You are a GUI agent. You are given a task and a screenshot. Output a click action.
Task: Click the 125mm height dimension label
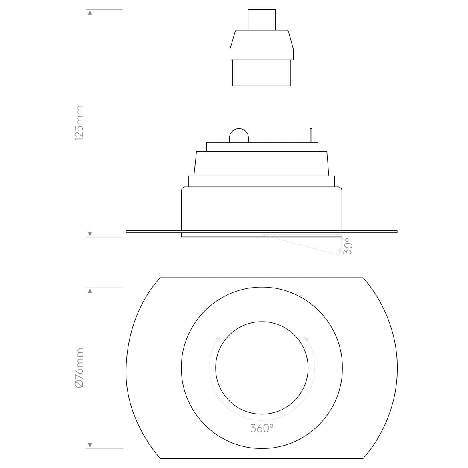(79, 123)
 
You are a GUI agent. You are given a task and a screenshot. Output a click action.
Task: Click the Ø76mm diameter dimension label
(79, 368)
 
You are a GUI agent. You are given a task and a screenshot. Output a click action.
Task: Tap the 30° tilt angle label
(348, 246)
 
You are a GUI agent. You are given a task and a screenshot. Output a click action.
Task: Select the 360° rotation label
(262, 428)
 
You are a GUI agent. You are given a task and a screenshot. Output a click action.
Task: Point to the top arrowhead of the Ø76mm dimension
(90, 291)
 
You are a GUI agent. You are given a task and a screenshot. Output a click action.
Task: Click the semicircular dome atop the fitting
(239, 136)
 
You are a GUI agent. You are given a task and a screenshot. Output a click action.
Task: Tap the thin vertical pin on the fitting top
(310, 135)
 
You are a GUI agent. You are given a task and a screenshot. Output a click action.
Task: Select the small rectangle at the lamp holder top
(262, 20)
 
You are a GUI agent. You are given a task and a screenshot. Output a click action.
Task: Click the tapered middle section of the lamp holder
(262, 45)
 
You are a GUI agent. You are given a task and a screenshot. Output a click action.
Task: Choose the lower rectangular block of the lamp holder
(262, 72)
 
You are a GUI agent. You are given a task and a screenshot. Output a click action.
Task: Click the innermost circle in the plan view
(262, 368)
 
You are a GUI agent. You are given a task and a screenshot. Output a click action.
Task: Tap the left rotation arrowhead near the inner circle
(218, 338)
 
